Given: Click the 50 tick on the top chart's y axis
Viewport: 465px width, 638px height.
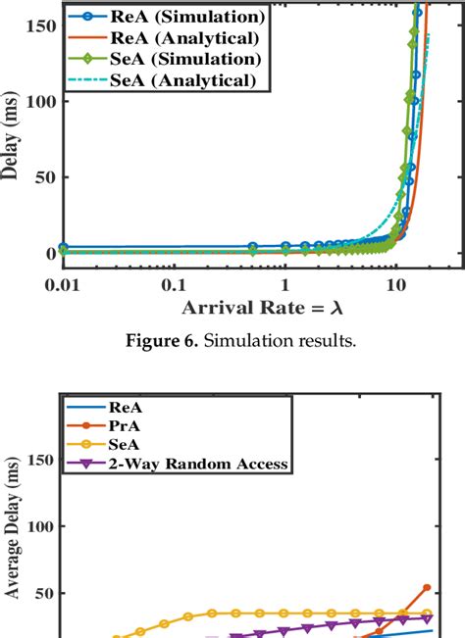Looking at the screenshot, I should [x=40, y=177].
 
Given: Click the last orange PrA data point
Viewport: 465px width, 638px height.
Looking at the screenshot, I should [x=427, y=587].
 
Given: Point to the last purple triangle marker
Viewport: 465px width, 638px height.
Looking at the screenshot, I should [x=427, y=618].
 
